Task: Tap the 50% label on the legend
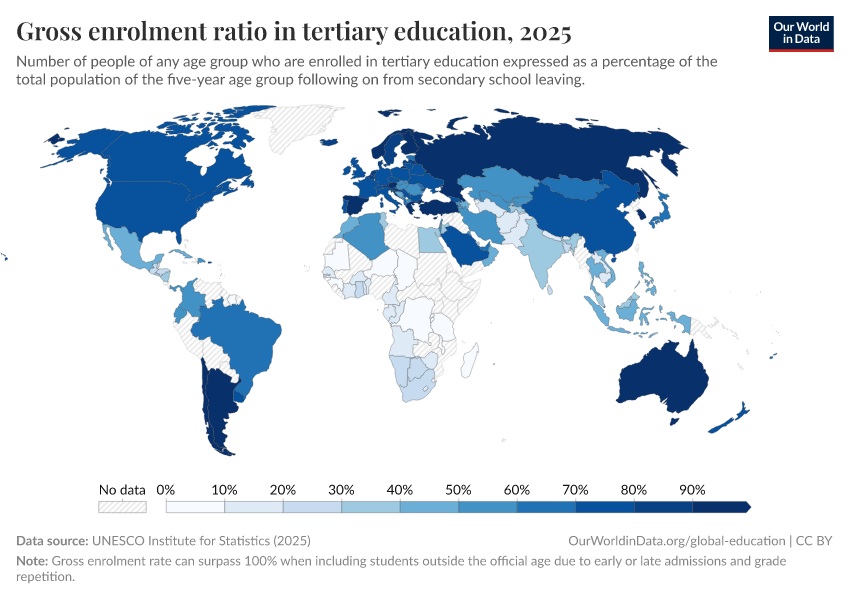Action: click(457, 490)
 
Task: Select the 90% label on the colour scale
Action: click(692, 490)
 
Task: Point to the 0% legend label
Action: click(167, 490)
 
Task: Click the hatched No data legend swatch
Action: click(122, 507)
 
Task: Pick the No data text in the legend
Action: click(122, 490)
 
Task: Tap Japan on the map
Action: click(659, 211)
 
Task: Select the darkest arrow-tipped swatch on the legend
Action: click(721, 507)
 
